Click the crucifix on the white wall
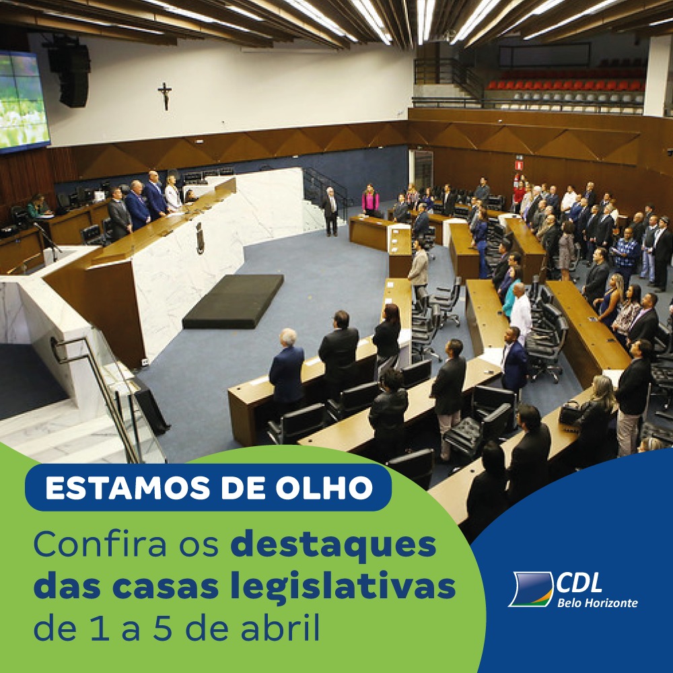point(164,96)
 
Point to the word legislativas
point(343,586)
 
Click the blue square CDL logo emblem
point(531,590)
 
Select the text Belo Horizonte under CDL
point(597,603)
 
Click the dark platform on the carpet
point(234,301)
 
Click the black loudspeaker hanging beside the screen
point(71,73)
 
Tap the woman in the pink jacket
point(370,200)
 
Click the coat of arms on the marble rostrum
point(200,238)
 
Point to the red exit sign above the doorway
point(519,165)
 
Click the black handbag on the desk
point(569,413)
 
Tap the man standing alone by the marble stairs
point(330,211)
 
